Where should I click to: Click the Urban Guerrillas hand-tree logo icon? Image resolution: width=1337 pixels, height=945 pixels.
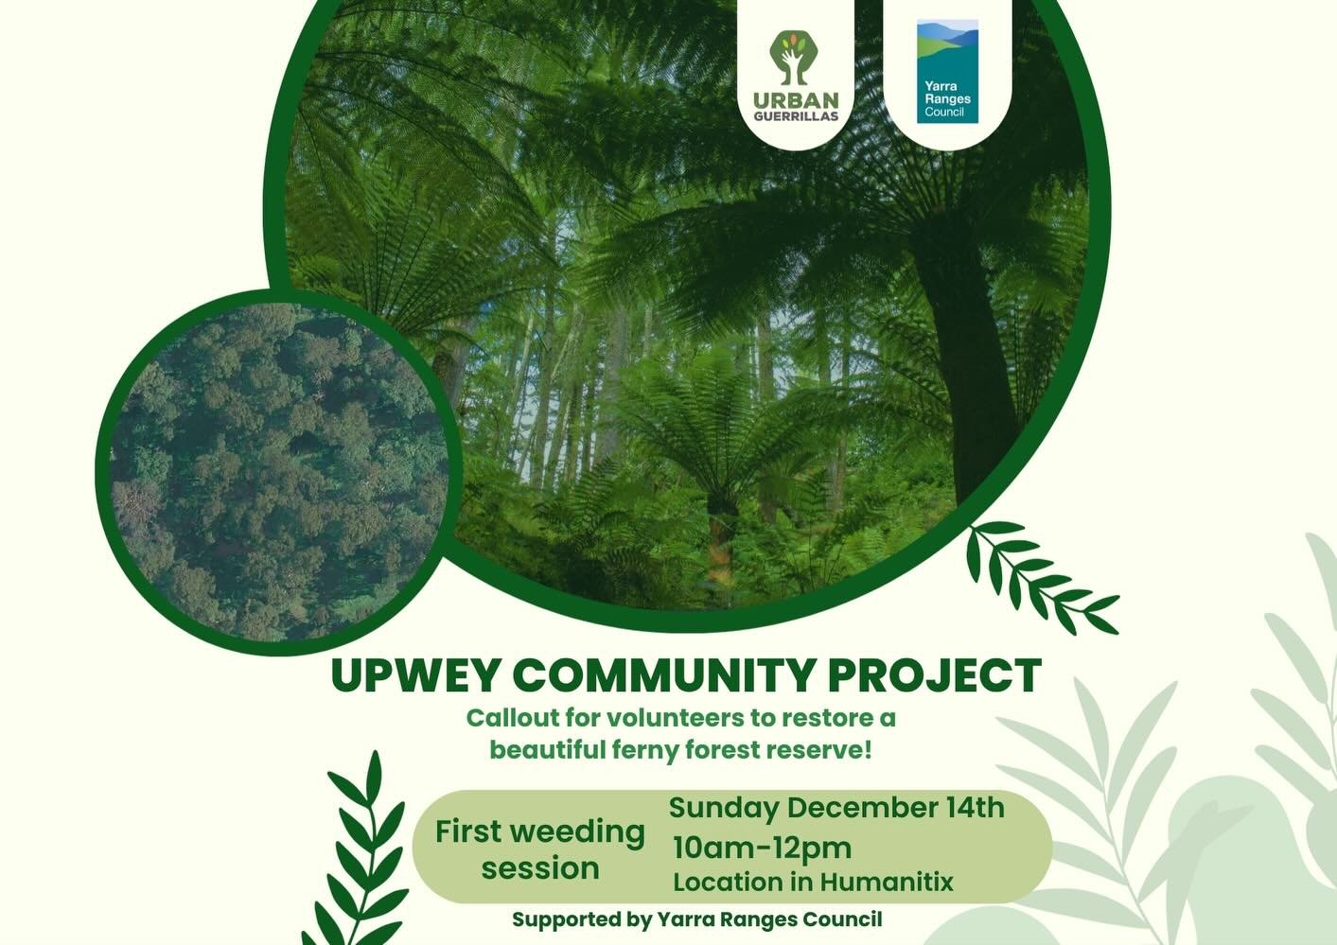point(795,58)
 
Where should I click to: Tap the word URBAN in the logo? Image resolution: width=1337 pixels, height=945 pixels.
point(796,100)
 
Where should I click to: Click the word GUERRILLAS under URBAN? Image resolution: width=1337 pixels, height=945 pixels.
point(796,116)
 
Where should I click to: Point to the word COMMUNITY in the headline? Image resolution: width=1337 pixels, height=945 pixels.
point(663,675)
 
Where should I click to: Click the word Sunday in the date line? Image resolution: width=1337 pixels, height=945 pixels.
point(724,808)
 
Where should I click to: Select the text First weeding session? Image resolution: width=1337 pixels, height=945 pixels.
point(540,849)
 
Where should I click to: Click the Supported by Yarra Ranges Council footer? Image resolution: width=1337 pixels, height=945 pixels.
point(696,919)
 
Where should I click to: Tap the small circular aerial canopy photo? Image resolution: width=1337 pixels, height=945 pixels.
point(279,473)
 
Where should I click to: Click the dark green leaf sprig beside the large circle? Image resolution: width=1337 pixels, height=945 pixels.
point(1036,578)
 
